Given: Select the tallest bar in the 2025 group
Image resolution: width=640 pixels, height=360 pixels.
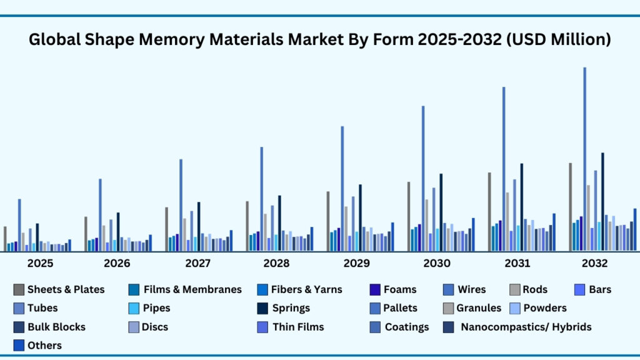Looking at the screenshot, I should [19, 225].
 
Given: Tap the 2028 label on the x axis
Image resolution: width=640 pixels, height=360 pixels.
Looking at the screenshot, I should [277, 264].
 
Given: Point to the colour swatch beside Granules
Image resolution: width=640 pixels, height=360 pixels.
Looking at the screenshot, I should [449, 308].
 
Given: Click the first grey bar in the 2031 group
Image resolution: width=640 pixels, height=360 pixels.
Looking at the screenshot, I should [489, 212].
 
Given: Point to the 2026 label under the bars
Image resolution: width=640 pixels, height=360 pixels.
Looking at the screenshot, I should [117, 264].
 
